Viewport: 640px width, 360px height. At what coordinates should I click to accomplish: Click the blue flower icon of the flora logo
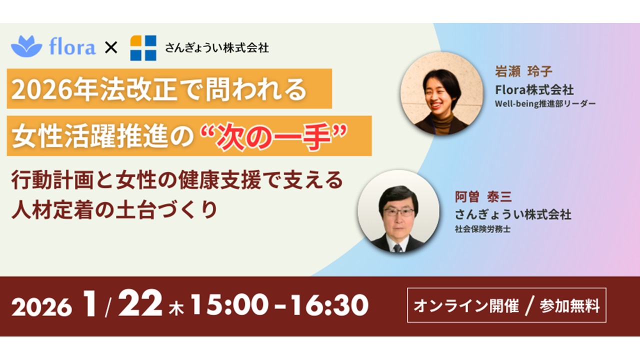26,46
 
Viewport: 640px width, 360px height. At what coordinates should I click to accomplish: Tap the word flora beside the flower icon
72,46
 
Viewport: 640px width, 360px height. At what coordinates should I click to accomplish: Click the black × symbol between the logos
111,47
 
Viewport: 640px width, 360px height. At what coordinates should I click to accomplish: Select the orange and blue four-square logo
143,47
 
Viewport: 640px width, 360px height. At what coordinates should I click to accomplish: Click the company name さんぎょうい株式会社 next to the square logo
216,48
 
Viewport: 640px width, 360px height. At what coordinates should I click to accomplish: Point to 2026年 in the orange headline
54,89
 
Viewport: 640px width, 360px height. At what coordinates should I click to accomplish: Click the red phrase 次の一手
273,136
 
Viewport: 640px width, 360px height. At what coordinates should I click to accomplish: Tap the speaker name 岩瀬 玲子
523,71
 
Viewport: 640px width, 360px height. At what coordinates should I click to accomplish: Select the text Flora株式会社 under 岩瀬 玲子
534,89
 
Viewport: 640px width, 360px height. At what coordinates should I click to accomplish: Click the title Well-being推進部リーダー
545,103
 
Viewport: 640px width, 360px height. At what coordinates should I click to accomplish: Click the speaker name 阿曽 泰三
483,197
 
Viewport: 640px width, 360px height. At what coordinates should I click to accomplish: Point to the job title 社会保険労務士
482,229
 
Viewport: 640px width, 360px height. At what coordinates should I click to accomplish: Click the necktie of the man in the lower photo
397,248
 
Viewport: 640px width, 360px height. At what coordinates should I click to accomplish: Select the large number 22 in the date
140,303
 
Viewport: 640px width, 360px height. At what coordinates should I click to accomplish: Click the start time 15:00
229,305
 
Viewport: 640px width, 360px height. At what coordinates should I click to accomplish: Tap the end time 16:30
329,305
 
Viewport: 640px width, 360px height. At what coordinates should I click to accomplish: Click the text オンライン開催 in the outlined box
466,305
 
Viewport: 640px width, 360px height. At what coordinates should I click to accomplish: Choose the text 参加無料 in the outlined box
569,305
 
